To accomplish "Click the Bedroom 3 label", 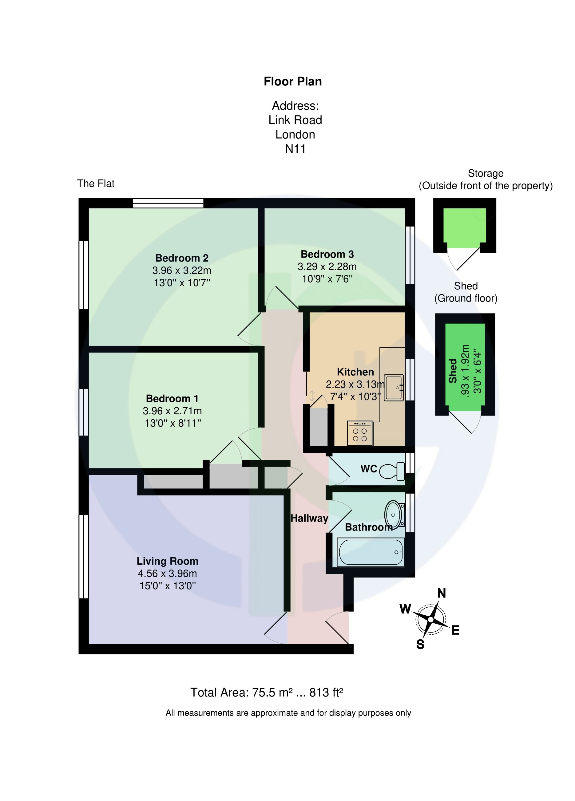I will tap(327, 254).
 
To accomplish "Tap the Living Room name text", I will tap(167, 561).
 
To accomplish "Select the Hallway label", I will tap(309, 519).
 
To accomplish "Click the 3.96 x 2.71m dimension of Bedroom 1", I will tap(172, 411).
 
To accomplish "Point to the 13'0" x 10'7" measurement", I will tap(182, 282).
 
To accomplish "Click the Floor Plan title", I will tap(293, 81).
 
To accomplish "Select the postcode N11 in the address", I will tap(295, 149).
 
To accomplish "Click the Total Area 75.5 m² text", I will tap(267, 692).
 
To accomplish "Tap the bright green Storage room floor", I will tap(464, 227).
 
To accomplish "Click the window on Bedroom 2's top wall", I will tap(168, 203).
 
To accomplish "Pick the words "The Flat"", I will tap(96, 183).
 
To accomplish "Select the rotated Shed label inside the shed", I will tap(453, 371).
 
